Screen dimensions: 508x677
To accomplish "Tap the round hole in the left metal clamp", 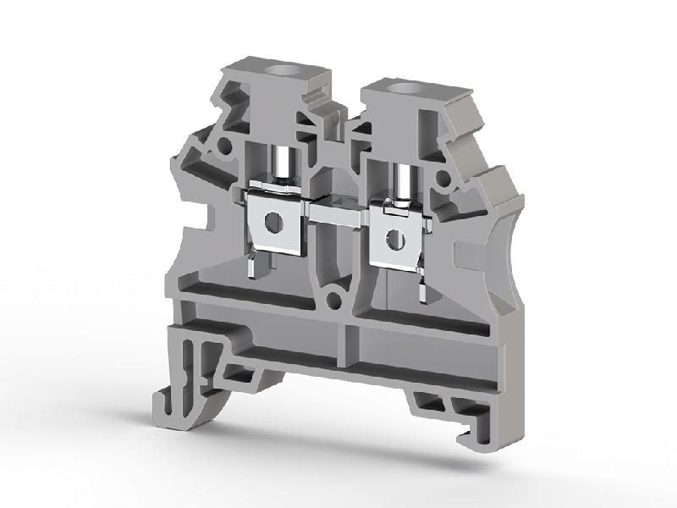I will (272, 223).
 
